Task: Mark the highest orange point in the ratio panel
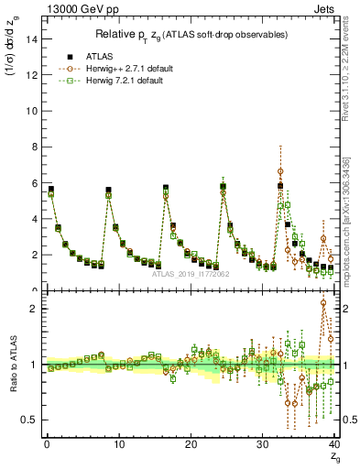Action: point(323,303)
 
